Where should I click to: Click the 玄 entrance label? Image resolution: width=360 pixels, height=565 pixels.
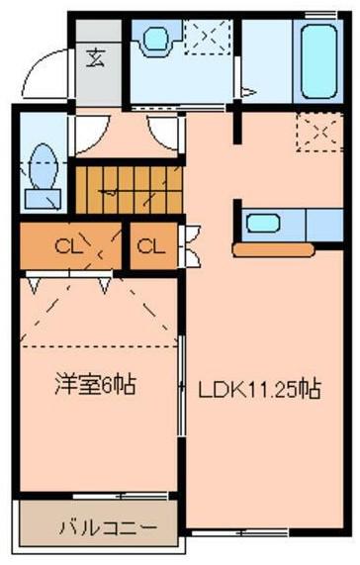pyautogui.click(x=97, y=58)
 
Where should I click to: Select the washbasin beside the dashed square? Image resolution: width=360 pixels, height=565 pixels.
pyautogui.click(x=156, y=39)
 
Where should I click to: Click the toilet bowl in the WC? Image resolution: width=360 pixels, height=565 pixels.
pyautogui.click(x=44, y=166)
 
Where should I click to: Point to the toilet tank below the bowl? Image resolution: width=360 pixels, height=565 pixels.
pyautogui.click(x=43, y=200)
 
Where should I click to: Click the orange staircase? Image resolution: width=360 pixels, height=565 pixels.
pyautogui.click(x=129, y=190)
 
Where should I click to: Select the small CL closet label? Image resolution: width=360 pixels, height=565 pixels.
pyautogui.click(x=151, y=246)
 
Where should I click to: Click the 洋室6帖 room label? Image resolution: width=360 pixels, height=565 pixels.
pyautogui.click(x=95, y=386)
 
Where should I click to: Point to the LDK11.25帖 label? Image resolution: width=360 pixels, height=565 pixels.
pyautogui.click(x=260, y=389)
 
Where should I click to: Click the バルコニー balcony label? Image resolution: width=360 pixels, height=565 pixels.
pyautogui.click(x=109, y=527)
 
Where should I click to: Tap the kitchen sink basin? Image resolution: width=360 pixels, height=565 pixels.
pyautogui.click(x=263, y=224)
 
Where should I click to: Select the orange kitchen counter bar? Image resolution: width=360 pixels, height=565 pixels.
pyautogui.click(x=273, y=250)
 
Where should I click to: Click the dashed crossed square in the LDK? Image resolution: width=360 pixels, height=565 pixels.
pyautogui.click(x=319, y=133)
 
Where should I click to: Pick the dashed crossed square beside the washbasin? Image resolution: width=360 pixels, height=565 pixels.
pyautogui.click(x=208, y=38)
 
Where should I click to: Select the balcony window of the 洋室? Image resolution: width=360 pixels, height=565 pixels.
pyautogui.click(x=120, y=497)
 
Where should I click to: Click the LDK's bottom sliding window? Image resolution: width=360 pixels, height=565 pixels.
pyautogui.click(x=239, y=532)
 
